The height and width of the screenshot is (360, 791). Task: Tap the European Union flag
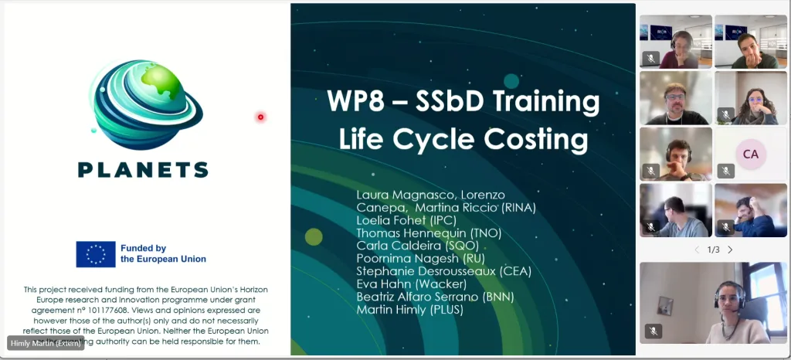[95, 253]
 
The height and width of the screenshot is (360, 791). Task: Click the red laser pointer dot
[260, 117]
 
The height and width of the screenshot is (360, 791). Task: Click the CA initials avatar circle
[750, 154]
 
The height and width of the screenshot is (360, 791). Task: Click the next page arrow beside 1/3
[730, 250]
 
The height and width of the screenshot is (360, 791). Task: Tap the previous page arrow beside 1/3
[697, 250]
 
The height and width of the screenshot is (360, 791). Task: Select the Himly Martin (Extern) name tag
[46, 343]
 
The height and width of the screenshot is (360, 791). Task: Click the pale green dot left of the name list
[314, 236]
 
